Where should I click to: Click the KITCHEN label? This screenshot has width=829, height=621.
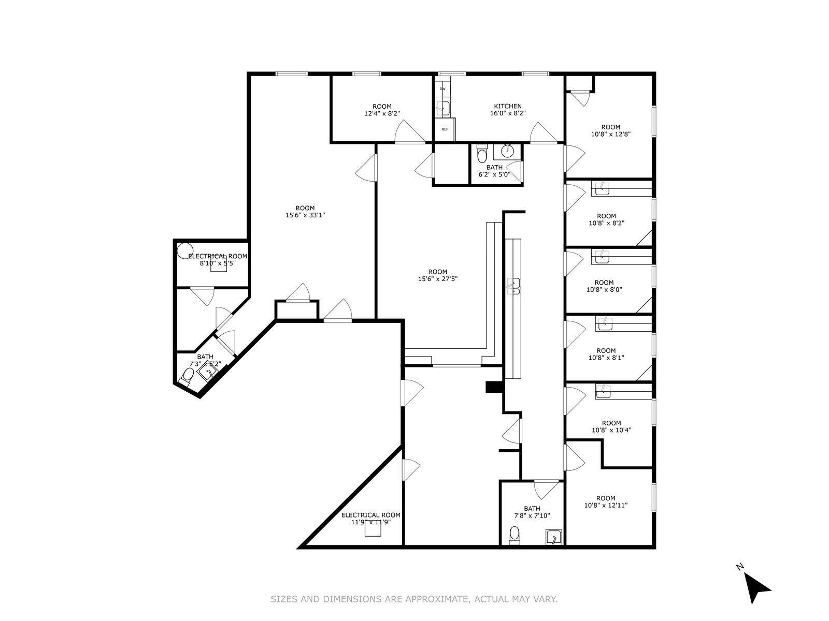[507, 106]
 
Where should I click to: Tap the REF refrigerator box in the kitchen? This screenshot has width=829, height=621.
[445, 129]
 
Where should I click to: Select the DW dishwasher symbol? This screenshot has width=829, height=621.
[442, 89]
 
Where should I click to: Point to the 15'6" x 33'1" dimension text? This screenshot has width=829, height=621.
[305, 215]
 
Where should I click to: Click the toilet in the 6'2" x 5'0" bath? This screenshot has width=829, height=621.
[482, 154]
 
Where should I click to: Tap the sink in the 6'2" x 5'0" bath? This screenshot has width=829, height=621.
[507, 152]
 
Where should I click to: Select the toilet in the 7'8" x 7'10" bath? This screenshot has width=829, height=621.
[514, 535]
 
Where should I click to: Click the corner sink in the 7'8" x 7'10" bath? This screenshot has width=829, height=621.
[554, 538]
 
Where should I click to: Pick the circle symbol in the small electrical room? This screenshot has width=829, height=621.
[184, 251]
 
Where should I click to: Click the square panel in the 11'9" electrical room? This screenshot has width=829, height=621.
[373, 528]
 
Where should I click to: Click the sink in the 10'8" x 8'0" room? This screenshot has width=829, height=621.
[602, 257]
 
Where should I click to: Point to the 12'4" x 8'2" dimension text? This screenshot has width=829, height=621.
[382, 113]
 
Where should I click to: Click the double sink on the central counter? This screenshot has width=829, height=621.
[513, 286]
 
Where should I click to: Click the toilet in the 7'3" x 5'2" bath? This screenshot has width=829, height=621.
[187, 376]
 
